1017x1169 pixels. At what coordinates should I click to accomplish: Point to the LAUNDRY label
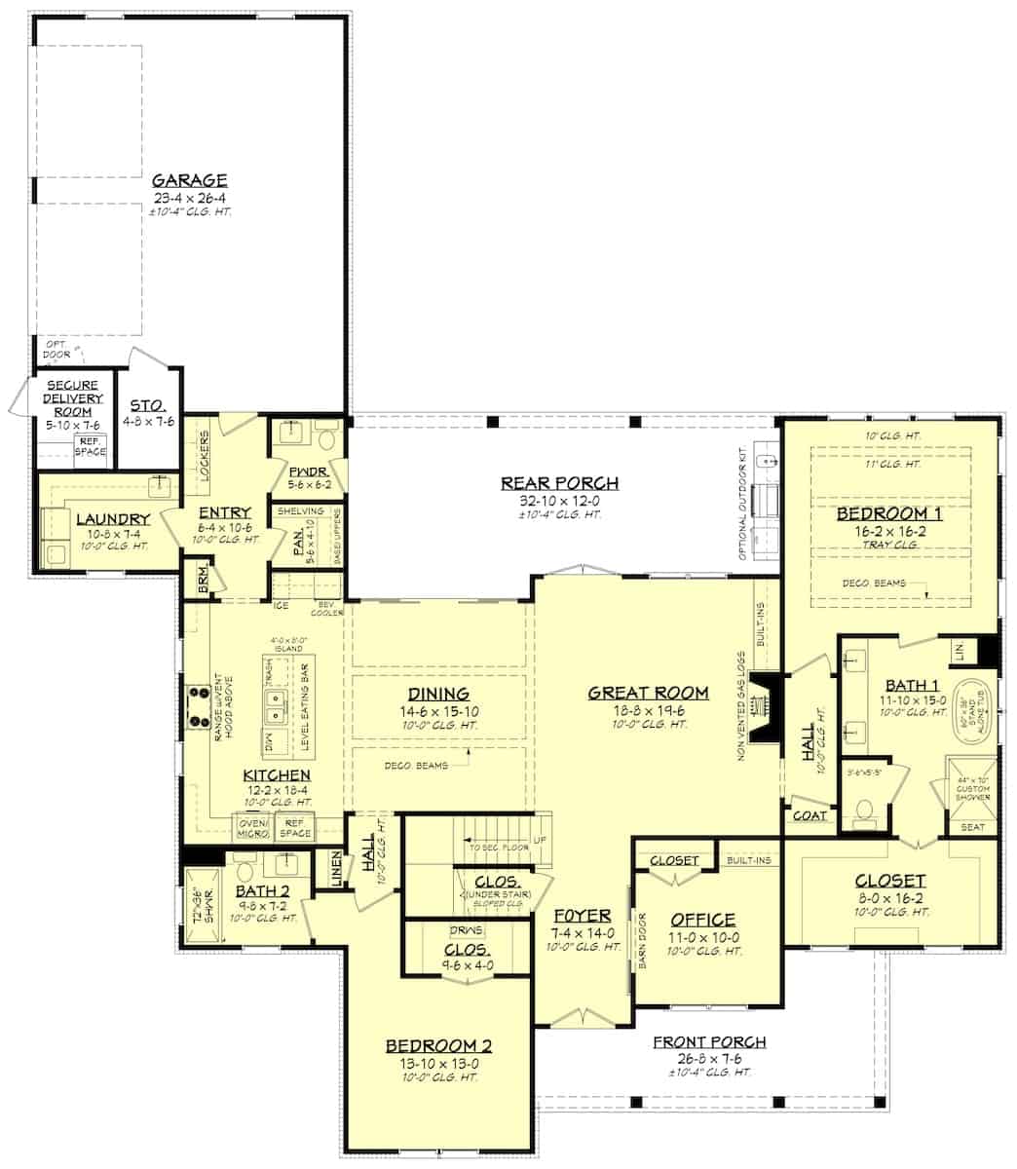click(112, 519)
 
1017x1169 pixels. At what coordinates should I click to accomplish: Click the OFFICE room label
click(702, 920)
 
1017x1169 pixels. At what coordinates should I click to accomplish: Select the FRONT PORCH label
click(708, 1042)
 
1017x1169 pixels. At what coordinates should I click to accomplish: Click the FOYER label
click(582, 916)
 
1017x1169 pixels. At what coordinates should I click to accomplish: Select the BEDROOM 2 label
click(438, 1046)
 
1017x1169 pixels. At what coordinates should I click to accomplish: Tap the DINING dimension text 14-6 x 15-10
click(438, 711)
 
